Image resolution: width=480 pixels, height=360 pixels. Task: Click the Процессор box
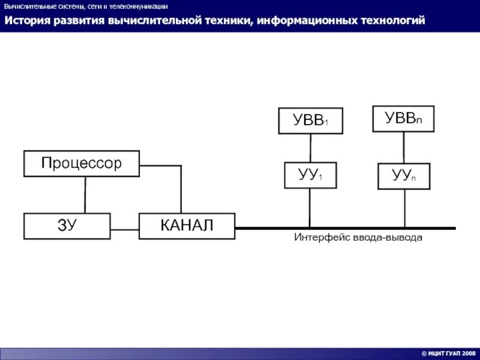tap(82, 163)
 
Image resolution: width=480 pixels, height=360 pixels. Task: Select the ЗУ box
tap(67, 226)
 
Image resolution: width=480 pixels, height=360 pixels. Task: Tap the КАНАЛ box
tap(187, 226)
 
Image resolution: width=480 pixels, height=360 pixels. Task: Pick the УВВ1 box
tap(310, 121)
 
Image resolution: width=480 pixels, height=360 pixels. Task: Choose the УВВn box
tap(403, 119)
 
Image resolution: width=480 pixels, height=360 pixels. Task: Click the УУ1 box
tap(310, 175)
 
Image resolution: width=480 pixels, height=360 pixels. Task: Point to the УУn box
tap(403, 176)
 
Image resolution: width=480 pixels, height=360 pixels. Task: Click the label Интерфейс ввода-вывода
tap(358, 238)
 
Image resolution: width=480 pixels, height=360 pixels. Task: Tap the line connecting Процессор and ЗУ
tap(85, 194)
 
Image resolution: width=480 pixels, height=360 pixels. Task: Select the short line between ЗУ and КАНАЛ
tap(125, 229)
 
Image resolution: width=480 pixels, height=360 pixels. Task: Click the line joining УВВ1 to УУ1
tap(310, 148)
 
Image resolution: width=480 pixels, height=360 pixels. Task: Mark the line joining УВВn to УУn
tap(403, 147)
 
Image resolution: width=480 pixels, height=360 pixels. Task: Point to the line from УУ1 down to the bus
tap(310, 208)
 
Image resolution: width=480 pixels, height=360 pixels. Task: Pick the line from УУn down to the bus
tap(404, 208)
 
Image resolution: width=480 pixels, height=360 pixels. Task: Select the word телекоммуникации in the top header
tap(142, 7)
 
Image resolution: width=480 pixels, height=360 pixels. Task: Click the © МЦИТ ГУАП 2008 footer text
tap(448, 354)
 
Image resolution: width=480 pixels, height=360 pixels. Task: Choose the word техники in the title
tap(225, 21)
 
